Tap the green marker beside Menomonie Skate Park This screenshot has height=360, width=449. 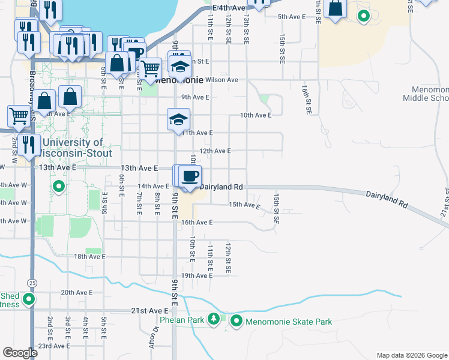pos(236,322)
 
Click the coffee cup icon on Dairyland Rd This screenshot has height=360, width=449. pos(190,176)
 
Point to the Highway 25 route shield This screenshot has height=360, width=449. pos(31,282)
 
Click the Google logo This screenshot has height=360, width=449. pos(20,353)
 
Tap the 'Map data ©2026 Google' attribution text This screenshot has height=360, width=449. pos(411,355)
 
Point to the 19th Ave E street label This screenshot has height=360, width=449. pos(197,275)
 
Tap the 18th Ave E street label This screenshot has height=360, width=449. pos(89,256)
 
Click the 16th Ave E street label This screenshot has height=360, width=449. pos(197,222)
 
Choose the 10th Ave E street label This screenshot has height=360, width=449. pos(256,115)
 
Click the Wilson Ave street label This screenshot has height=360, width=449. pos(221,79)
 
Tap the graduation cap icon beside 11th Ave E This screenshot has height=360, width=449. pos(179,119)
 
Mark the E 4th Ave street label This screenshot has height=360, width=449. pos(229,8)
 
